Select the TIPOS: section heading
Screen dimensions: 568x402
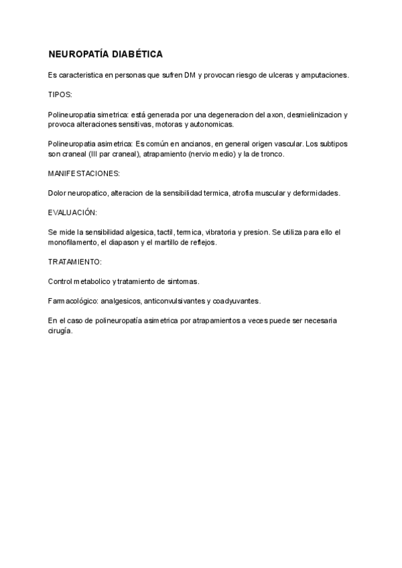coord(60,95)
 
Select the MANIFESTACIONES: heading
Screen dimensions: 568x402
coord(84,173)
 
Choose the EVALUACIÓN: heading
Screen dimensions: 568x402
coord(72,212)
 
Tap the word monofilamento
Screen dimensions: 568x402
coord(72,242)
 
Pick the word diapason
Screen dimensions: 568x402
coord(127,242)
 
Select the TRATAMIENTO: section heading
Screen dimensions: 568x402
coord(74,262)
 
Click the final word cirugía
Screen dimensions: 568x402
coord(60,330)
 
